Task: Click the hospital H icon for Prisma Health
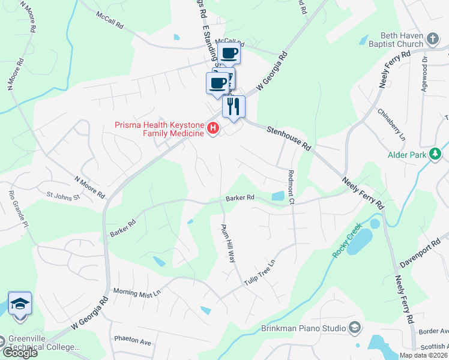(212, 128)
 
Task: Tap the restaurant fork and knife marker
(234, 106)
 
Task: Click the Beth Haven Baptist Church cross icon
(434, 40)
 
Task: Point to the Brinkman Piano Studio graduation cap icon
(355, 328)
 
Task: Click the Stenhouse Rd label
(289, 138)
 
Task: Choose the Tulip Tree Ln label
(259, 273)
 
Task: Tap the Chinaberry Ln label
(392, 124)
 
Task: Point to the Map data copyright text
(423, 355)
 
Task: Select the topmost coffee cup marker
(229, 53)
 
